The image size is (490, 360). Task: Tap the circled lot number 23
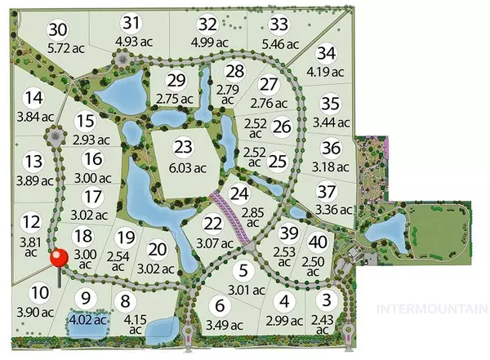click(183, 148)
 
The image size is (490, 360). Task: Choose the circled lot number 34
click(326, 54)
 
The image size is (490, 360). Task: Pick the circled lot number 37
click(326, 192)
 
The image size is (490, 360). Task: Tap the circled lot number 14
click(33, 99)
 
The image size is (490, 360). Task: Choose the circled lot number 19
click(125, 238)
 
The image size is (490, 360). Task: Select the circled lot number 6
click(218, 307)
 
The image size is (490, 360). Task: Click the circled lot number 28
click(235, 71)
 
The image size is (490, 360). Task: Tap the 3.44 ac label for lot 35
click(330, 122)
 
